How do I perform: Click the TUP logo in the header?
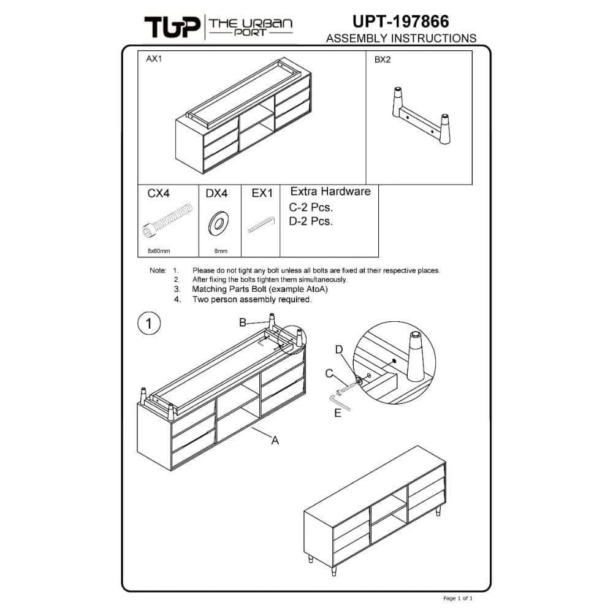pos(172,27)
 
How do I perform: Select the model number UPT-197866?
pos(401,21)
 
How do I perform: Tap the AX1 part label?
pos(154,59)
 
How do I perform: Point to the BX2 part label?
pos(383,59)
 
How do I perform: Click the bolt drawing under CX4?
pos(167,220)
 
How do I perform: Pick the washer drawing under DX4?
pos(219,223)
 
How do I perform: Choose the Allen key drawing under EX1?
pos(261,225)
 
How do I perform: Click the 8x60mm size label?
pos(159,251)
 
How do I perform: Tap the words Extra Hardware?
pos(330,191)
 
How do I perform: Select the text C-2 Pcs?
pos(311,207)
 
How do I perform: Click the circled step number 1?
pos(149,324)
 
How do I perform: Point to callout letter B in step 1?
pos(243,322)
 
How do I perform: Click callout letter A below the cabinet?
pos(275,441)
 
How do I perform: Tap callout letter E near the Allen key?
pos(338,413)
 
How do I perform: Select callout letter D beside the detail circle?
pos(339,349)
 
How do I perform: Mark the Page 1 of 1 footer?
pos(458,598)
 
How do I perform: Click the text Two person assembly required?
pos(252,300)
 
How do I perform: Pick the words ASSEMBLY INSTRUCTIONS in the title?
pos(401,38)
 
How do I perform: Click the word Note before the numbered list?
pos(158,270)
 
